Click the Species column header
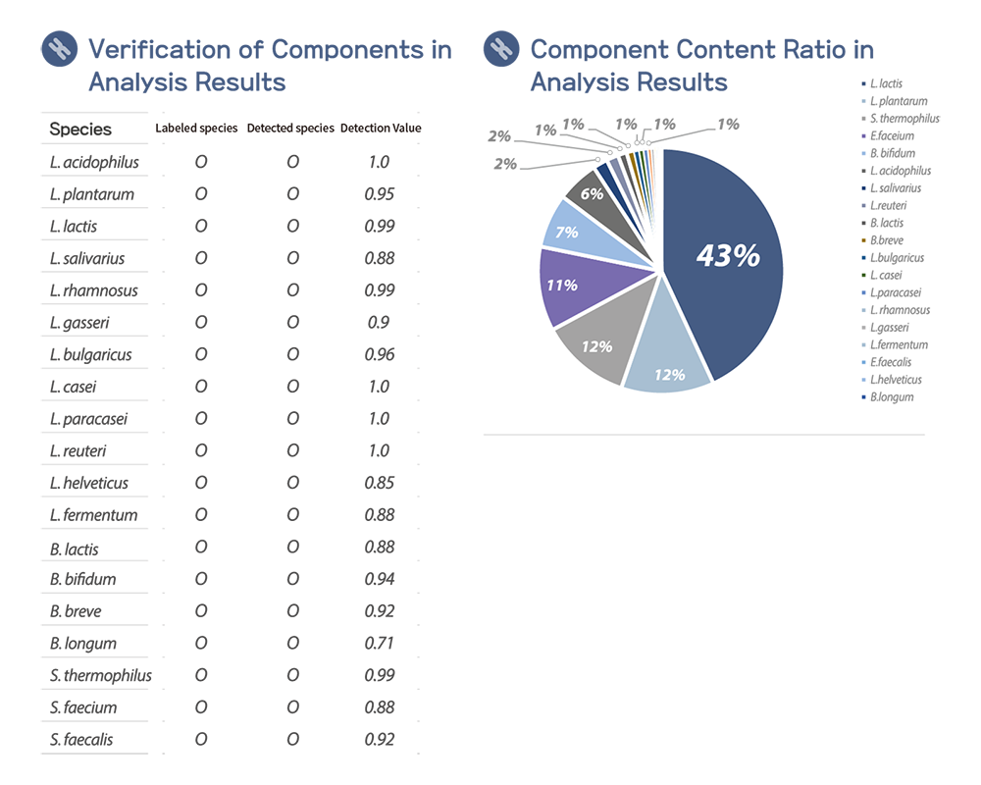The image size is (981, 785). tap(81, 130)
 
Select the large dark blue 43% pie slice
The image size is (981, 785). tap(726, 294)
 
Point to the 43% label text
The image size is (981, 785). tap(727, 256)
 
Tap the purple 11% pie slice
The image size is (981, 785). tap(569, 287)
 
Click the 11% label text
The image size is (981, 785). tap(562, 286)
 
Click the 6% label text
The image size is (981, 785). tap(592, 194)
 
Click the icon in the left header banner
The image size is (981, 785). tap(61, 48)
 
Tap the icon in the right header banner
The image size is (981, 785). tap(502, 48)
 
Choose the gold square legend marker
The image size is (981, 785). tap(862, 239)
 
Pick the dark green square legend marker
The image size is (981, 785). tap(862, 275)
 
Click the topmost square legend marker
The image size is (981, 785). tap(862, 83)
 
